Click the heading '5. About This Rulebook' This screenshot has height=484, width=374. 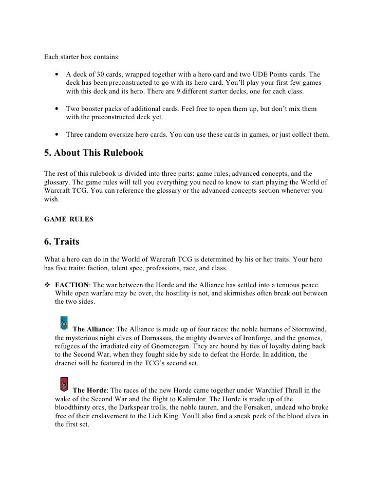pos(93,153)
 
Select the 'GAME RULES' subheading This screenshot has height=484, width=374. pos(69,219)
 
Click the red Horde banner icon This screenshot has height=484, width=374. pos(64,384)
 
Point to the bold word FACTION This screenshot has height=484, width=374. pos(72,285)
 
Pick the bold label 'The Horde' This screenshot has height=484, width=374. pos(89,390)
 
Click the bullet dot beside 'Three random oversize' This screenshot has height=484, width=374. pos(55,135)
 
